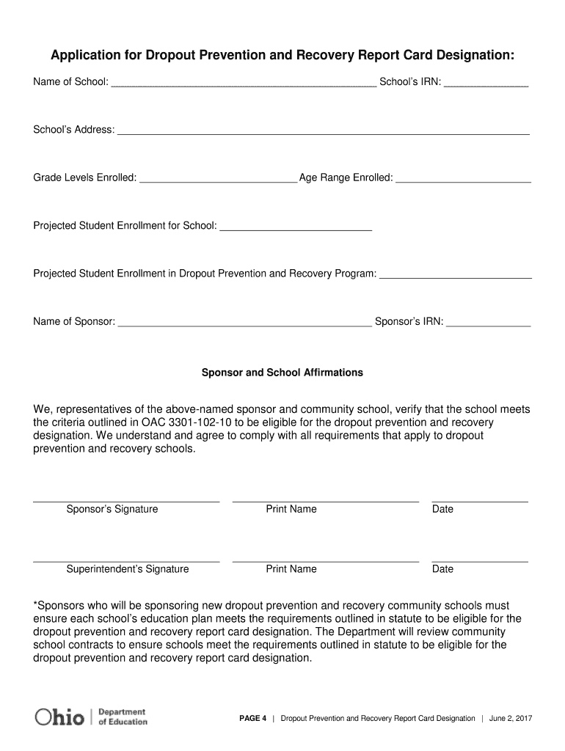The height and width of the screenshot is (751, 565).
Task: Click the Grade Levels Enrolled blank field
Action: tap(217, 179)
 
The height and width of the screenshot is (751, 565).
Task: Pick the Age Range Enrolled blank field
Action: tap(463, 179)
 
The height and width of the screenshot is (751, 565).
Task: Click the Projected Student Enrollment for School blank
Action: tap(296, 227)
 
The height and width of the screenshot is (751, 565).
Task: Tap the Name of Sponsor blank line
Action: tap(244, 323)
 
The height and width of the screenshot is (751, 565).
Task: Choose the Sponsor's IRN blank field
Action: tap(488, 323)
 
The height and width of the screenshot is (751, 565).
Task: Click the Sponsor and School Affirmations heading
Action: tap(282, 373)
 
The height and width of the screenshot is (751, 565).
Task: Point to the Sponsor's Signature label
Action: tap(112, 509)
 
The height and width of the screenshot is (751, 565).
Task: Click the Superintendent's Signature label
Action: tap(127, 569)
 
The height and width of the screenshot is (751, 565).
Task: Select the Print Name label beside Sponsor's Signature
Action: tap(291, 509)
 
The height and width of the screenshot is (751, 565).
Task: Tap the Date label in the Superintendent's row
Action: tap(442, 569)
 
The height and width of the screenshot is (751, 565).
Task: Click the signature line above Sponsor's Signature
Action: tap(126, 501)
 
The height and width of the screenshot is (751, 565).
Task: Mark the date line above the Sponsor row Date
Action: tap(480, 501)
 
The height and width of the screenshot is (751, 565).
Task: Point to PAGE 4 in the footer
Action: tap(253, 719)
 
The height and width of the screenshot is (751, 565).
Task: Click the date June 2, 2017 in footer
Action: tap(511, 719)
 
